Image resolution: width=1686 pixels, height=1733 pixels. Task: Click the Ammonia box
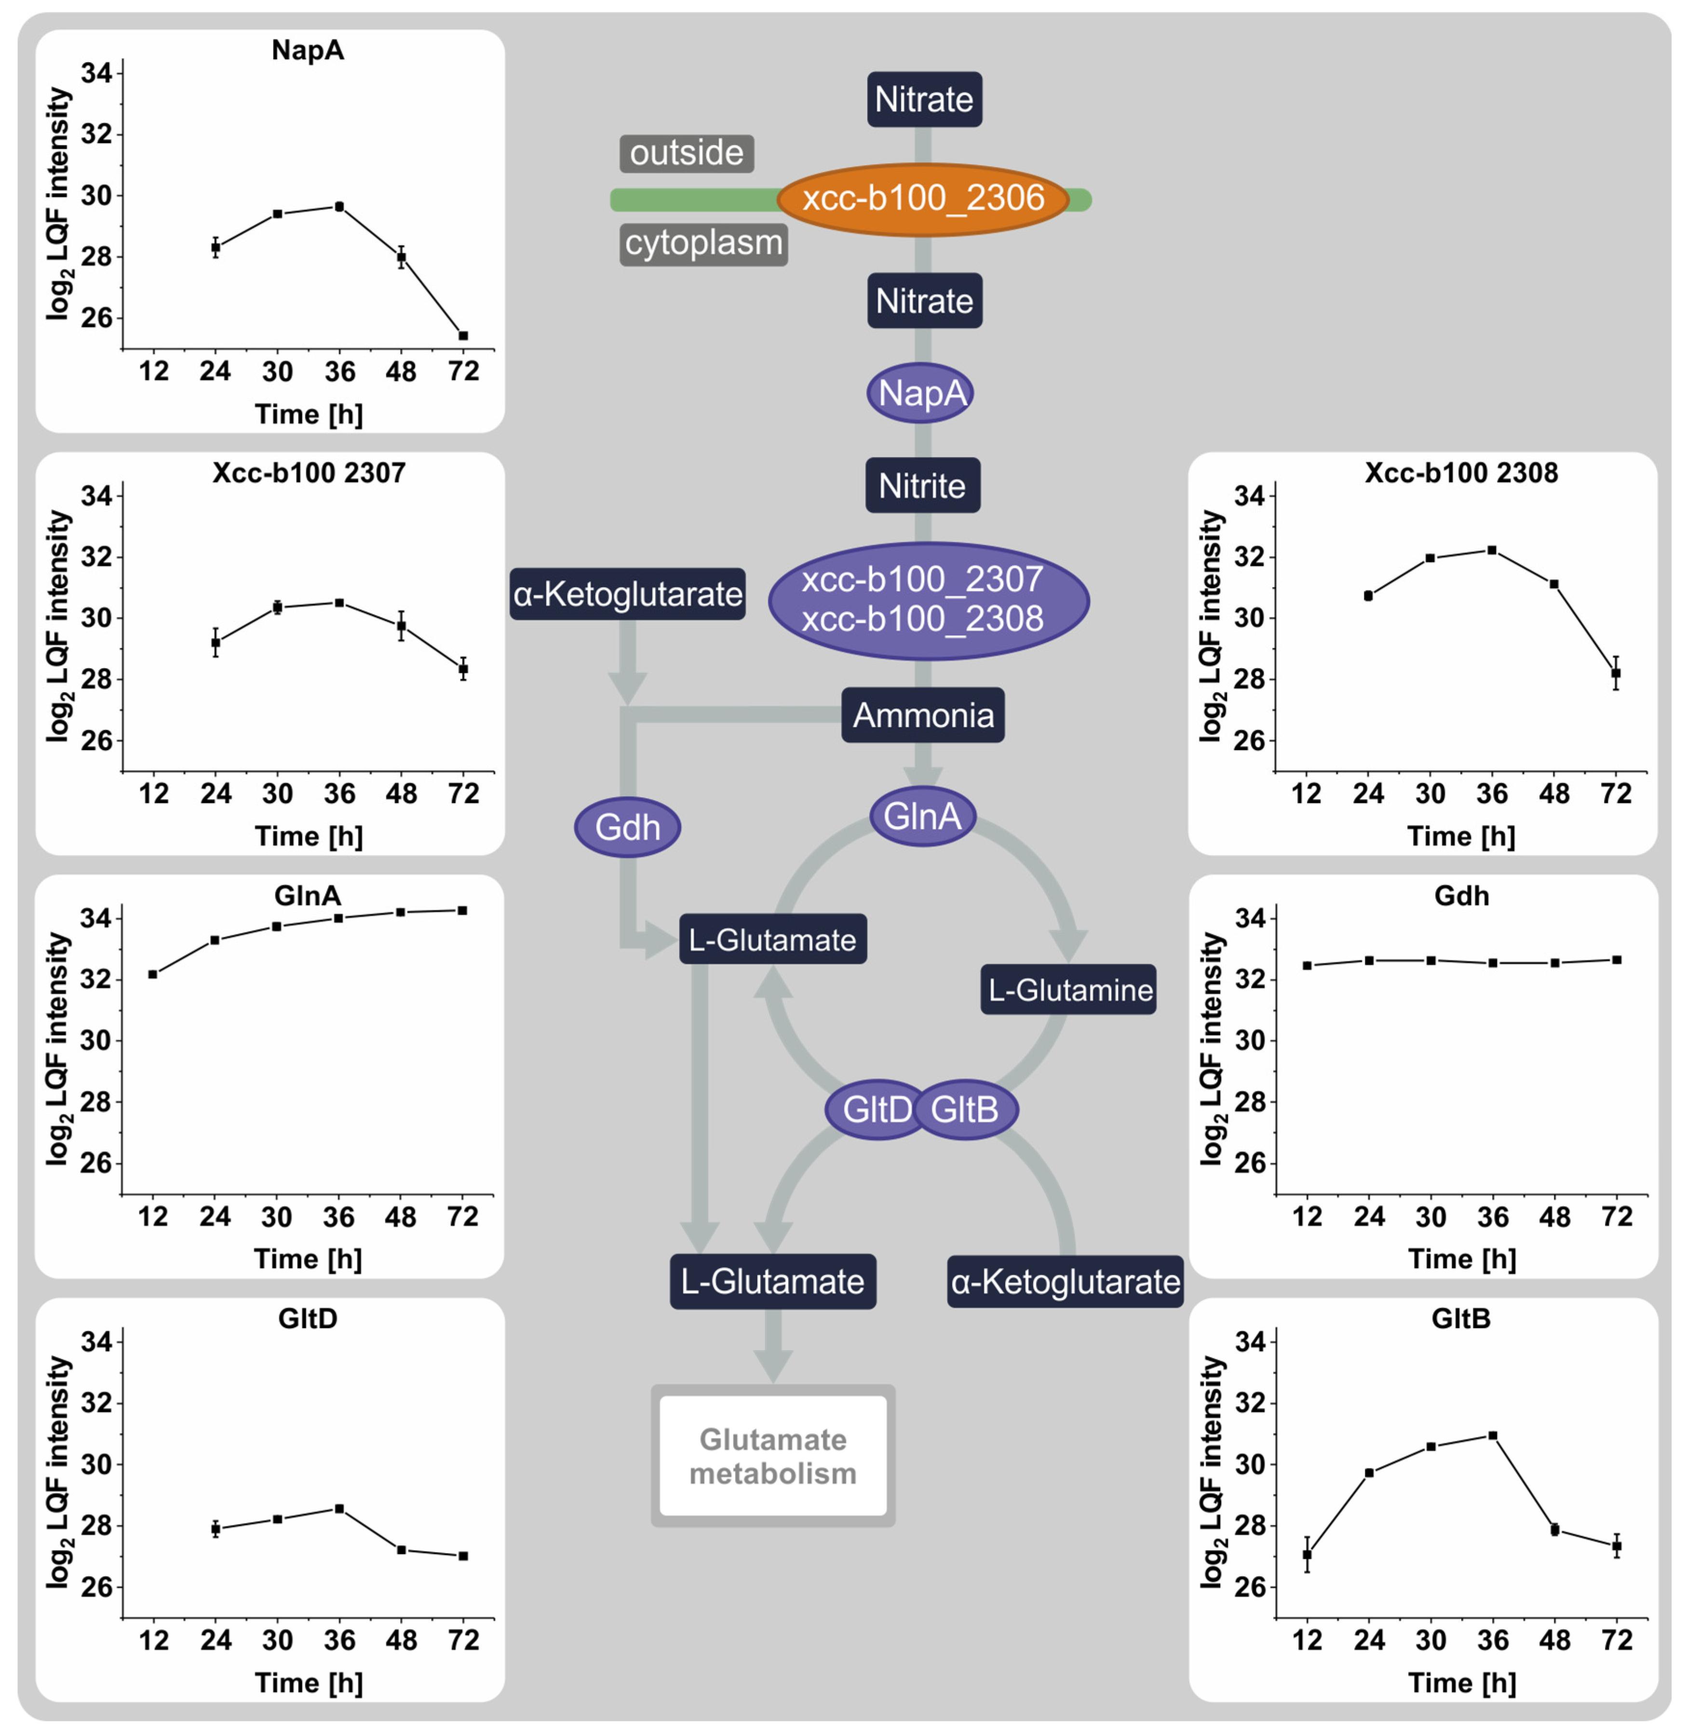click(923, 714)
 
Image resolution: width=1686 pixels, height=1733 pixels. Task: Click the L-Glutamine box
click(1069, 989)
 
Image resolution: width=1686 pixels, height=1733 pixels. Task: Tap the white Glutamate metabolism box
click(772, 1456)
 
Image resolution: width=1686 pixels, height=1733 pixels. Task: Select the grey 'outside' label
click(686, 153)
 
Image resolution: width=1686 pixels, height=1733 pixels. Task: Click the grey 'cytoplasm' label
click(703, 242)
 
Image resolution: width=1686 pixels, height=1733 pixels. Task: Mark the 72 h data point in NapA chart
click(463, 336)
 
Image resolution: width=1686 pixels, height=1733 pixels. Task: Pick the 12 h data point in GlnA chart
click(153, 974)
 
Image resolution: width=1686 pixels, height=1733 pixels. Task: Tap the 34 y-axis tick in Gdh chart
click(1250, 918)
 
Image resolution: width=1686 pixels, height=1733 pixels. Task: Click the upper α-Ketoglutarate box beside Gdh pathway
click(627, 593)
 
